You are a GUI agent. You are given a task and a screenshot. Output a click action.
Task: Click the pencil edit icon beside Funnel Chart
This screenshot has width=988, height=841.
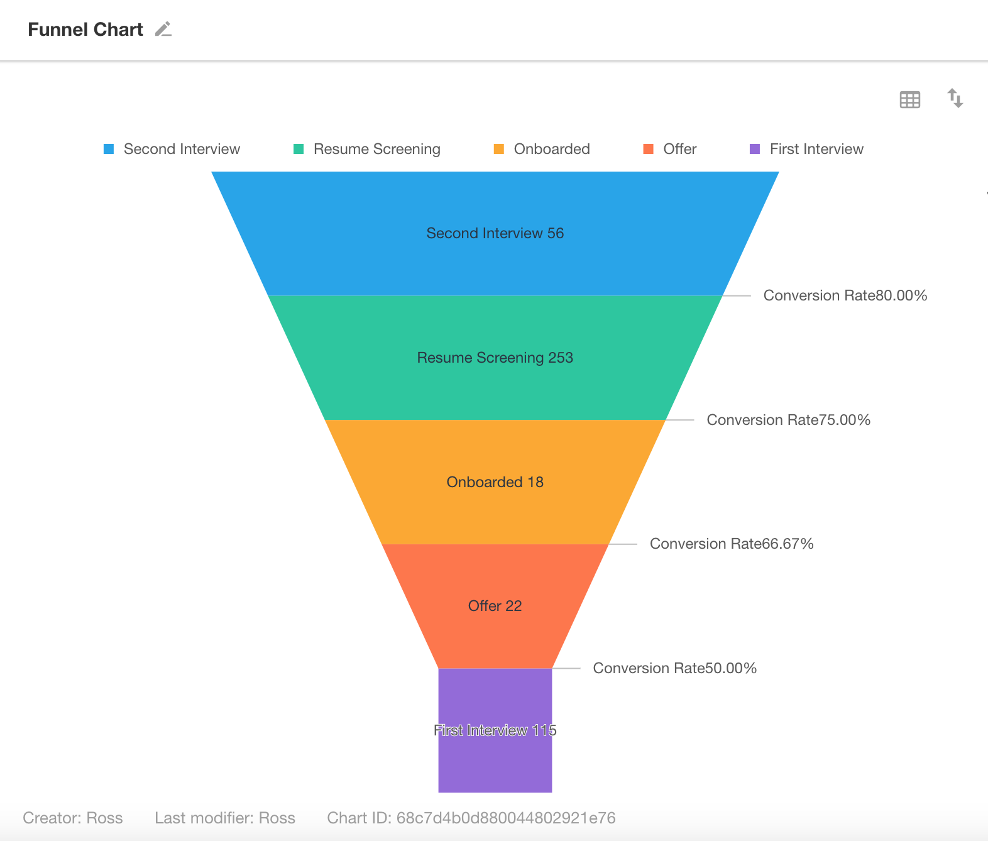click(x=163, y=30)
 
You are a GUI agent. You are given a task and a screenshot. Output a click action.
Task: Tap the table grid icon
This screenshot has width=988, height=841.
click(x=909, y=99)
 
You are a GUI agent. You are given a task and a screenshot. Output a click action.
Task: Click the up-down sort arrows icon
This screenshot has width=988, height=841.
click(x=955, y=98)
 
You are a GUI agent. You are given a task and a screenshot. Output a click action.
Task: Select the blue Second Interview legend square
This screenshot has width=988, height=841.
click(x=109, y=149)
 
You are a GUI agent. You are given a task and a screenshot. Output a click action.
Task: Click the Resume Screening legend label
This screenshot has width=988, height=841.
click(x=376, y=149)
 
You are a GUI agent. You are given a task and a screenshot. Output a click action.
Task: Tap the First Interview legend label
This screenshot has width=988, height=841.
click(x=816, y=149)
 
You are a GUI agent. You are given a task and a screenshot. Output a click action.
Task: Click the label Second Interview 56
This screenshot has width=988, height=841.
click(x=495, y=233)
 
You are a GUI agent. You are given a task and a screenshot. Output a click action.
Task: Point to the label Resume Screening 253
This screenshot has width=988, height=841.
click(x=495, y=358)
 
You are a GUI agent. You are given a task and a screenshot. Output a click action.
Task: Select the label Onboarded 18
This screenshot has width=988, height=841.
click(x=495, y=482)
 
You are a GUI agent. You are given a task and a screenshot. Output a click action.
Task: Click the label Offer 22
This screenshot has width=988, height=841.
click(x=495, y=606)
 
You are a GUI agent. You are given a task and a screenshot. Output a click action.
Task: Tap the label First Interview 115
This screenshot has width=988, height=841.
click(x=495, y=730)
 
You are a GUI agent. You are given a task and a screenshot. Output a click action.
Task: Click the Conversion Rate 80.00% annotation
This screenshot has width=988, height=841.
click(x=845, y=295)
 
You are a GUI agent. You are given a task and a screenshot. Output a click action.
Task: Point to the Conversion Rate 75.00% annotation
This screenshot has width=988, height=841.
click(x=789, y=420)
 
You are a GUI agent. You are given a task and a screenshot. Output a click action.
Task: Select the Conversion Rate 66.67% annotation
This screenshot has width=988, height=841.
click(x=732, y=544)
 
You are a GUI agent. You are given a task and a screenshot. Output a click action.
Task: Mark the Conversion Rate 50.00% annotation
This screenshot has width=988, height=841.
click(x=675, y=668)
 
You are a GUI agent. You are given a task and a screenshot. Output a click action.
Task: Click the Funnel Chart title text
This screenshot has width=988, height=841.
click(x=85, y=30)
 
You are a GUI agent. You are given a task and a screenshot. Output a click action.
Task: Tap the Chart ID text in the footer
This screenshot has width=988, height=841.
click(x=471, y=818)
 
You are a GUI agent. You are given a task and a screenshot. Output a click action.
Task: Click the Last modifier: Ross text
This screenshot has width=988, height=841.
click(x=225, y=818)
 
